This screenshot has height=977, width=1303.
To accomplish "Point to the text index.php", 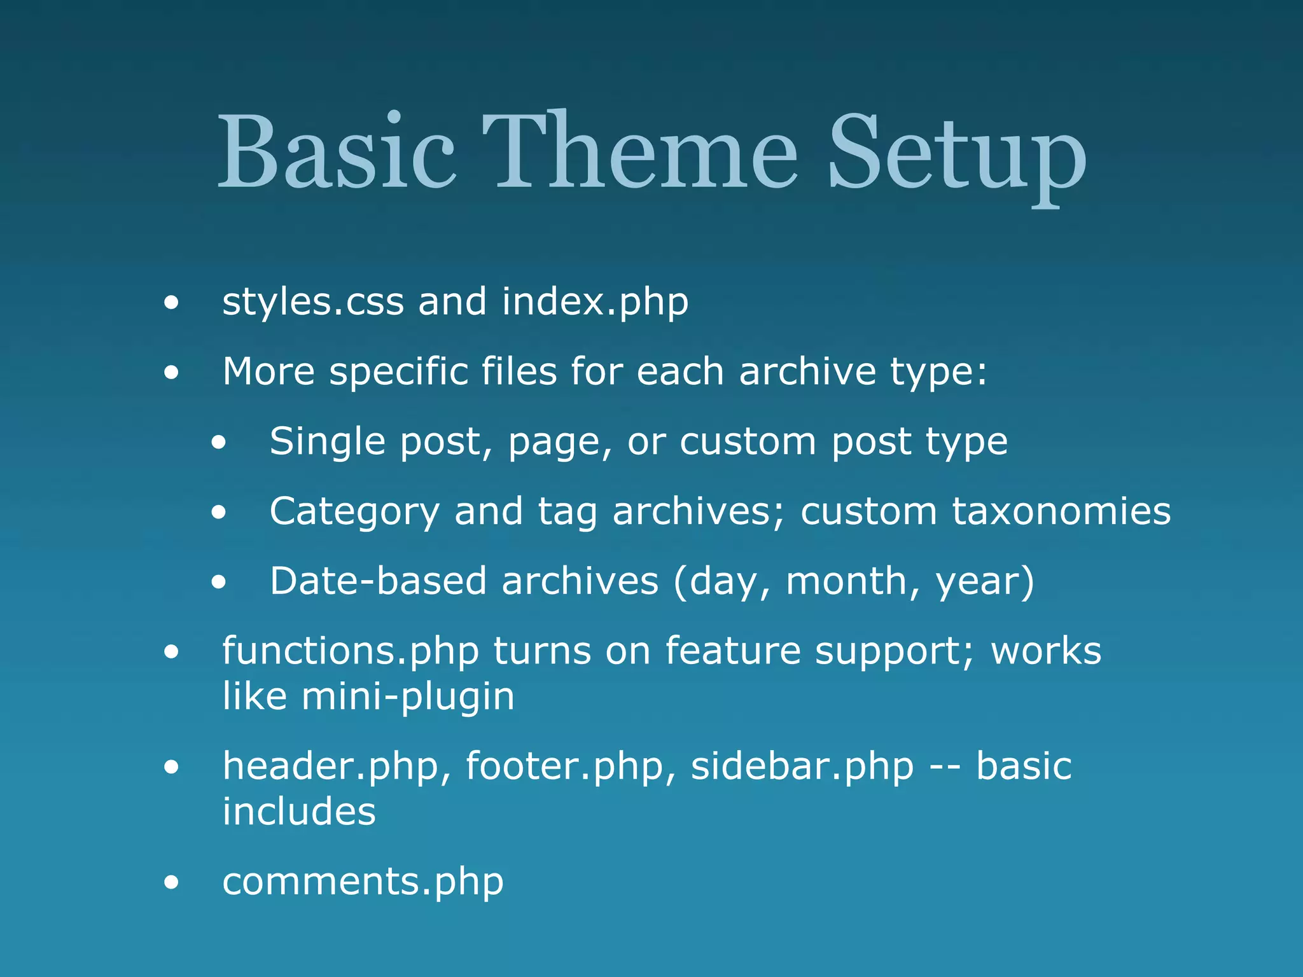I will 595,303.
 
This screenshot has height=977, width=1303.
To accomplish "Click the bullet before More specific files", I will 171,373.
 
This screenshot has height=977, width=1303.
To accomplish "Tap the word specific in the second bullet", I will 398,373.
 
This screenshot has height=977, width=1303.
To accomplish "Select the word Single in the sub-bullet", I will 327,443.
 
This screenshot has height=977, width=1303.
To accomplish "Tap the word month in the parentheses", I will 847,583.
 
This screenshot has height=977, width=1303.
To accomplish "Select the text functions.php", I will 351,653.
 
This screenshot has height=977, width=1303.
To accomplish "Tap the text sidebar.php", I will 802,767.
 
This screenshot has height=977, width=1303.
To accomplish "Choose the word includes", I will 299,812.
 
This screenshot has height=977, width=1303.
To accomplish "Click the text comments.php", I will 363,883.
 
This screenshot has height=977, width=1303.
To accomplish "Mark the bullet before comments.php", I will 171,883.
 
